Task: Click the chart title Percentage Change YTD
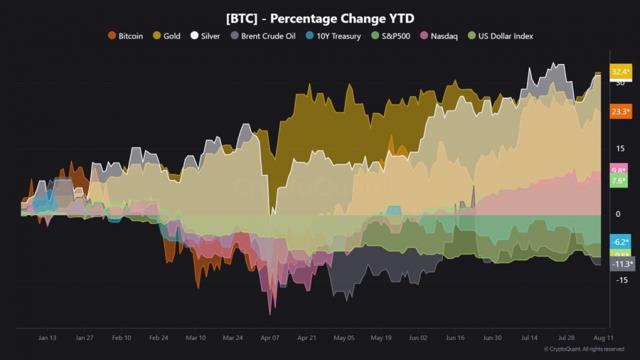[319, 18]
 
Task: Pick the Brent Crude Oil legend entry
[260, 36]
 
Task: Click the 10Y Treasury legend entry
[334, 36]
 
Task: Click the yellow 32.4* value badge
[620, 72]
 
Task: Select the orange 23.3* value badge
[620, 111]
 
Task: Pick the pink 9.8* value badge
[619, 170]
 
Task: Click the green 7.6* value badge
[619, 181]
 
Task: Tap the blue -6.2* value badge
[619, 242]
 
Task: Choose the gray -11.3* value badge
[622, 264]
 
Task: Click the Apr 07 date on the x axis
[270, 338]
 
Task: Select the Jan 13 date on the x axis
[47, 338]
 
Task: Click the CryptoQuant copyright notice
[584, 349]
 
